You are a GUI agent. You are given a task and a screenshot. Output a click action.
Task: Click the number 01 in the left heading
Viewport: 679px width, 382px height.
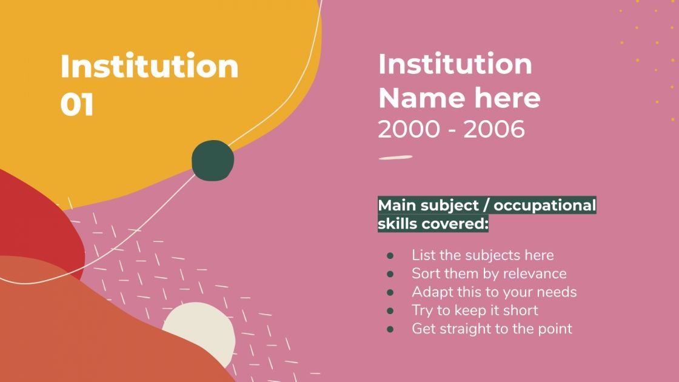pos(77,104)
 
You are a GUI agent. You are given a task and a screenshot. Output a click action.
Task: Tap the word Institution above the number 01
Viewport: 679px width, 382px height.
pos(149,66)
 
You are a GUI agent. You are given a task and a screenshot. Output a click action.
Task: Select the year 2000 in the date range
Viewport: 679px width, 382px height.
pos(409,129)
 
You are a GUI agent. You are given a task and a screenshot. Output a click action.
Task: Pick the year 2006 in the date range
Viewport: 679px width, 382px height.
pos(494,129)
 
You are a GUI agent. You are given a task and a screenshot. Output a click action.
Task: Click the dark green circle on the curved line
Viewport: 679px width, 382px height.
pos(213,160)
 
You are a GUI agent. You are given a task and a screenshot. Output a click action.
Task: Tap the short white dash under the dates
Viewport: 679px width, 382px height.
pos(395,158)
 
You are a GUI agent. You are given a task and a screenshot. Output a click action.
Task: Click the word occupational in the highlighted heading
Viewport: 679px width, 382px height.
pos(545,206)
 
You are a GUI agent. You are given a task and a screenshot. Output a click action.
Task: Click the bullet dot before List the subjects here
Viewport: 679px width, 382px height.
pos(390,255)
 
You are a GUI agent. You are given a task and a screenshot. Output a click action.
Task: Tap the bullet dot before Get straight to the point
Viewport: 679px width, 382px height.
pos(390,329)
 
